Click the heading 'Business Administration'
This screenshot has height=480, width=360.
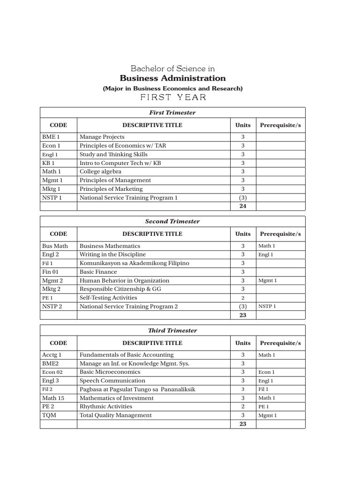pos(172,78)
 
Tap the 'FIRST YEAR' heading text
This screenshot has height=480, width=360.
pos(172,97)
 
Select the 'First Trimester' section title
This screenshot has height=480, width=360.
pos(172,112)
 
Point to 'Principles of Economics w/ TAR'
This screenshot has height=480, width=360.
pos(123,146)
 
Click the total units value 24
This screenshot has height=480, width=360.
pos(243,206)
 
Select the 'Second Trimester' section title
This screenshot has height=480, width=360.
pos(172,221)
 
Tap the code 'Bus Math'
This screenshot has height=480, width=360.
pos(55,246)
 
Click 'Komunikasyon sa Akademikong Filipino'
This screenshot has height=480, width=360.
pos(134,263)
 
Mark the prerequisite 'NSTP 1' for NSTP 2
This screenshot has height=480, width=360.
pos(267,307)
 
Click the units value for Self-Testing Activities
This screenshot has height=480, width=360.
pos(243,298)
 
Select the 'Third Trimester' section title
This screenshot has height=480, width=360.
pos(172,330)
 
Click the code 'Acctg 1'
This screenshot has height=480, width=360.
pos(52,355)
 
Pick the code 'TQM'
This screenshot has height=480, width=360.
pos(49,415)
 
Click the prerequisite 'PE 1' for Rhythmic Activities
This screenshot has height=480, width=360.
pos(263,407)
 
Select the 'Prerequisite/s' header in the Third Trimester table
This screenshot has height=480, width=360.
pos(280,343)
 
